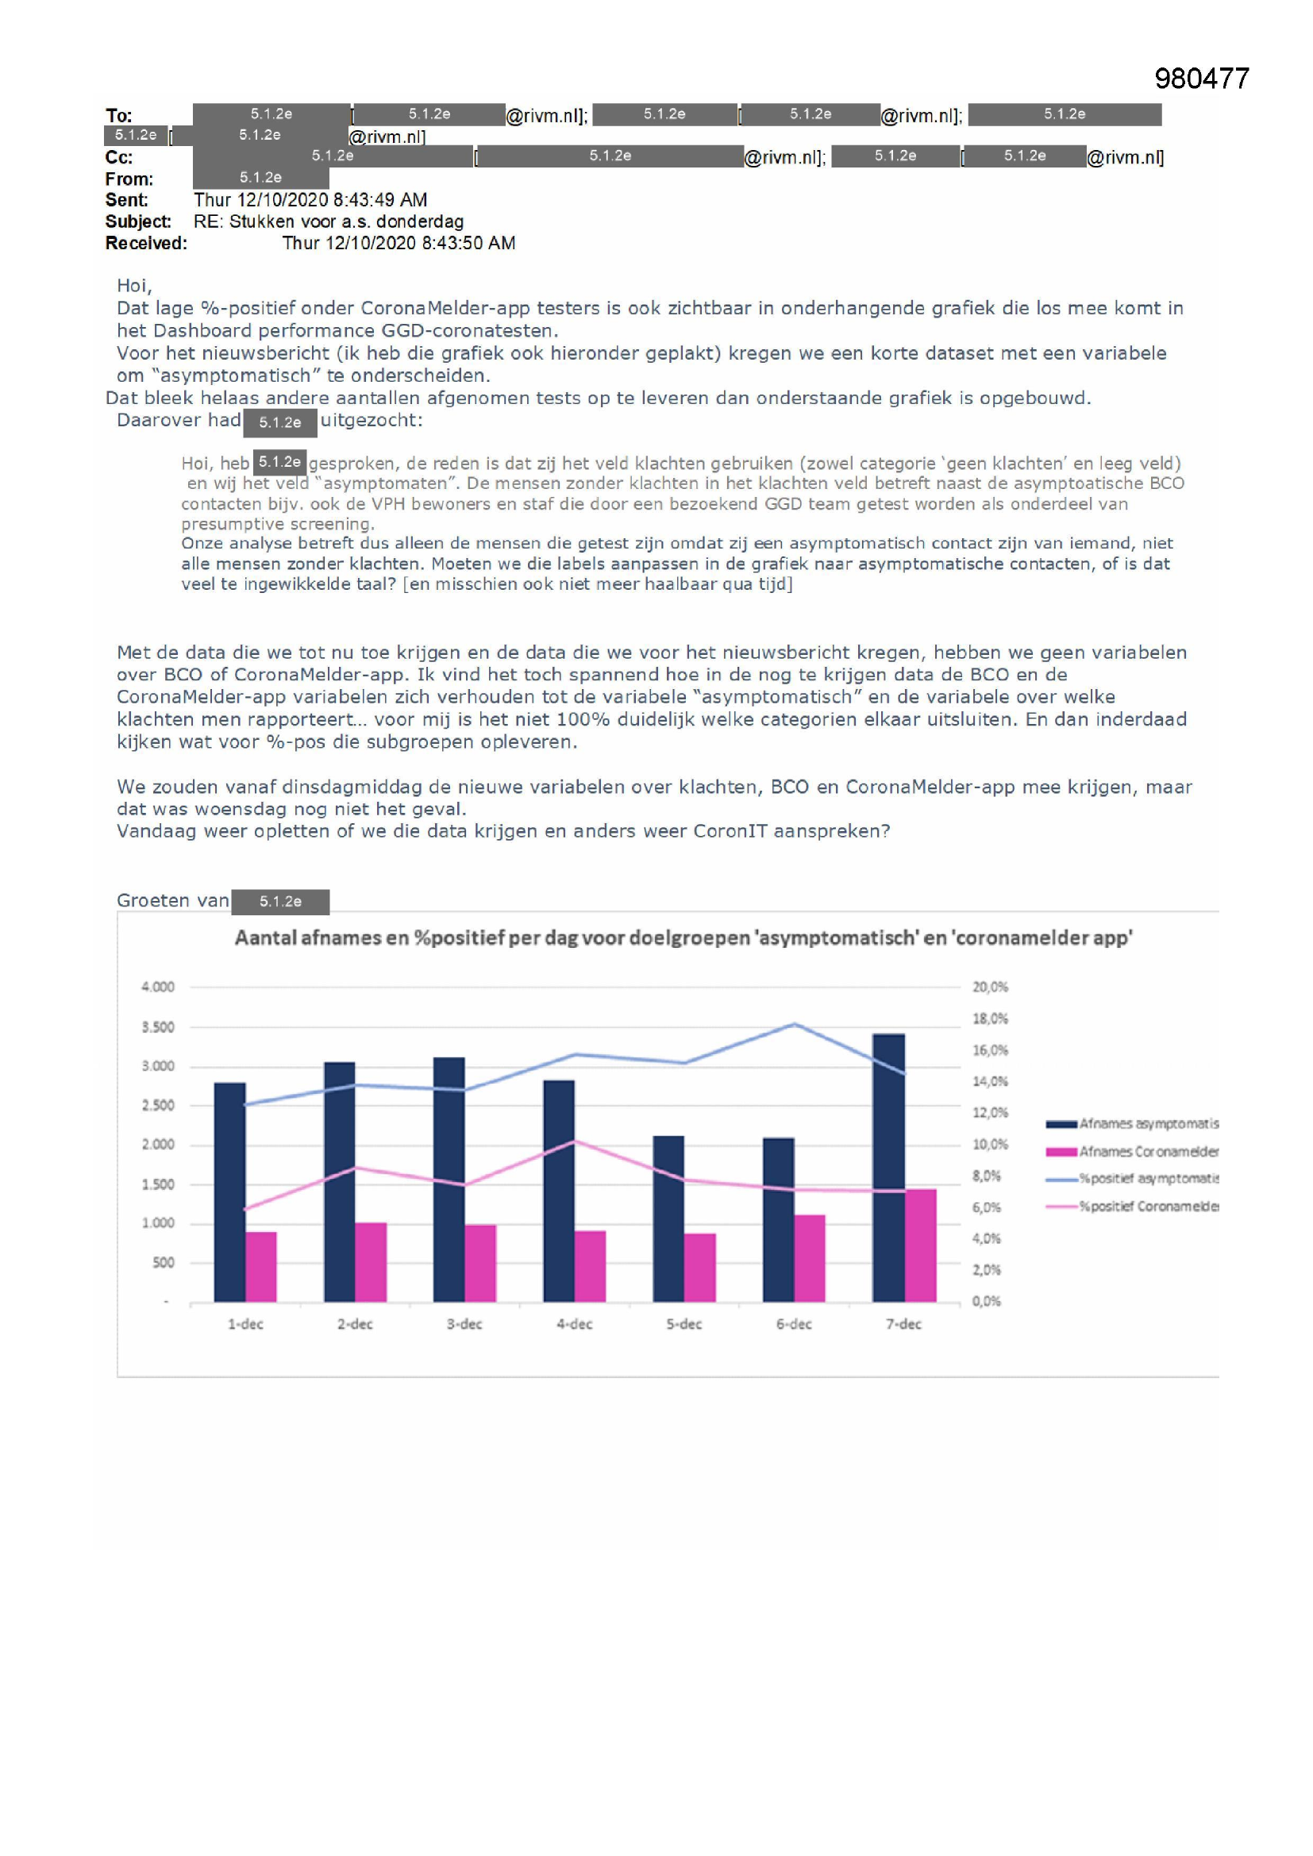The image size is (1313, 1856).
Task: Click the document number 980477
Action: (x=1201, y=79)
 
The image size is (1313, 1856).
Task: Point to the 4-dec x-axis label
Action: (x=574, y=1324)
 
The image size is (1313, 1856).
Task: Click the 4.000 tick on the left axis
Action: (x=158, y=987)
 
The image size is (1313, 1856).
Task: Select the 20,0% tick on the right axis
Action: (x=990, y=987)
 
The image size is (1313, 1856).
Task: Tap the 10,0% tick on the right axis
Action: (x=990, y=1145)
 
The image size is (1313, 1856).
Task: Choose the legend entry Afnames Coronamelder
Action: (x=1148, y=1151)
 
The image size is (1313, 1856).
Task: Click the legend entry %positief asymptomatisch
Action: (x=1148, y=1179)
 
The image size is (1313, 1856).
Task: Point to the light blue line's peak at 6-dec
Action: (x=794, y=1024)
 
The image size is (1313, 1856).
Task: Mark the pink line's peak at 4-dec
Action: (x=574, y=1141)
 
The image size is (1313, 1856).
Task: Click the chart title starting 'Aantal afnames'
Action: (x=683, y=938)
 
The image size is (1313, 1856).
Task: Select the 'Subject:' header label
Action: (x=138, y=221)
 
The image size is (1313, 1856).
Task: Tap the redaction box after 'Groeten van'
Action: (x=279, y=901)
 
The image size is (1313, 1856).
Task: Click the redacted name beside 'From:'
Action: (x=260, y=178)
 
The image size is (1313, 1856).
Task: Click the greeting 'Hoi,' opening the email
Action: (x=134, y=285)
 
